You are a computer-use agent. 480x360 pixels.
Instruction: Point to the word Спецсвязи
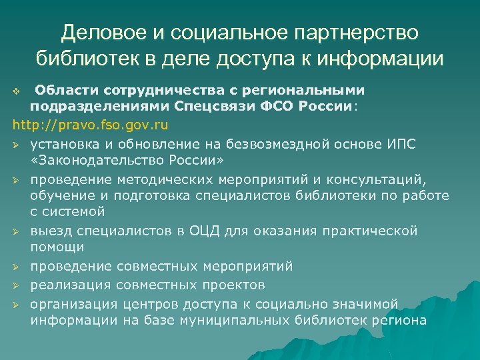(211, 107)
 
